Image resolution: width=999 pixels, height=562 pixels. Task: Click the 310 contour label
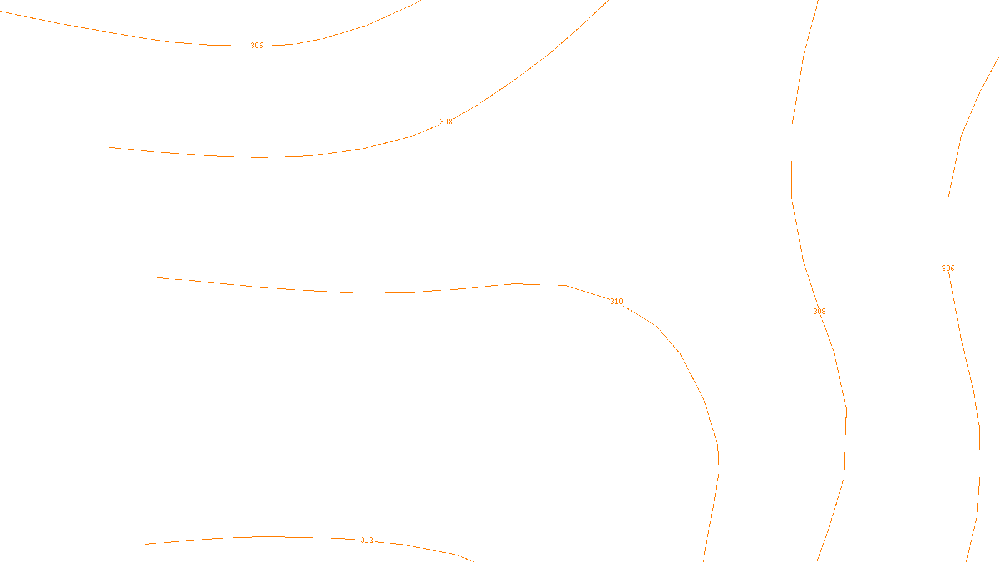coord(616,302)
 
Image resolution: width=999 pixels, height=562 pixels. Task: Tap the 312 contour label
coord(367,540)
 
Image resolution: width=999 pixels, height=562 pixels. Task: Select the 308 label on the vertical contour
coord(819,312)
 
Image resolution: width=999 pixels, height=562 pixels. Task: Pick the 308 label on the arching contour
coord(446,122)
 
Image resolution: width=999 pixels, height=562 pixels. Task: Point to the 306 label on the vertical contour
coord(948,269)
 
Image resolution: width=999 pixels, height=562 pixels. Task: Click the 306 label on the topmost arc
coord(257,46)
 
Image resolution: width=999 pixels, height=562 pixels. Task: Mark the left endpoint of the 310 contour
coord(154,277)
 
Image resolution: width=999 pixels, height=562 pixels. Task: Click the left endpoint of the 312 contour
coord(145,544)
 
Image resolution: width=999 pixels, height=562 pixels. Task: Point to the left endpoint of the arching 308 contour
coord(106,147)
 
